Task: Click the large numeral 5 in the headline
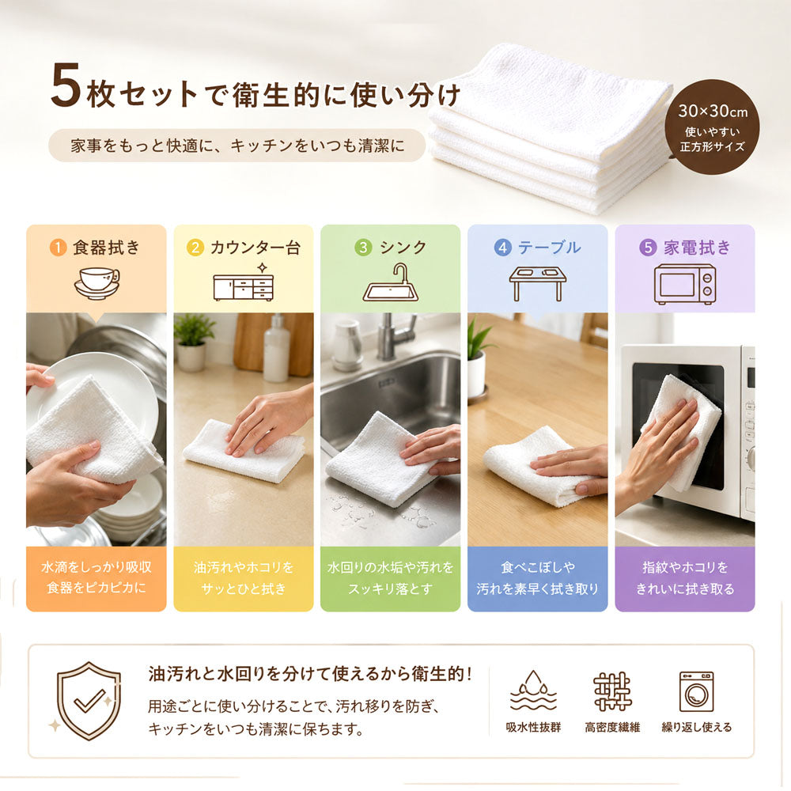pyautogui.click(x=66, y=85)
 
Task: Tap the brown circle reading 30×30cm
pyautogui.click(x=712, y=127)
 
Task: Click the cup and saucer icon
pyautogui.click(x=97, y=283)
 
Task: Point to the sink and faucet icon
pyautogui.click(x=391, y=282)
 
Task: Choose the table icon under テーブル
pyautogui.click(x=537, y=283)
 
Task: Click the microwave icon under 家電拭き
pyautogui.click(x=684, y=284)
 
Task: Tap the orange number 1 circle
pyautogui.click(x=58, y=248)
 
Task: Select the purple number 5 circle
pyautogui.click(x=648, y=247)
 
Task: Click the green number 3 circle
pyautogui.click(x=363, y=248)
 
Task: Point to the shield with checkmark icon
pyautogui.click(x=89, y=701)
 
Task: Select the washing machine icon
pyautogui.click(x=696, y=691)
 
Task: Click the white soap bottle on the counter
pyautogui.click(x=276, y=349)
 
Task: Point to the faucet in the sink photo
pyautogui.click(x=394, y=335)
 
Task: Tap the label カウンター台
pyautogui.click(x=255, y=248)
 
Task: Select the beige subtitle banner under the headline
pyautogui.click(x=237, y=146)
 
